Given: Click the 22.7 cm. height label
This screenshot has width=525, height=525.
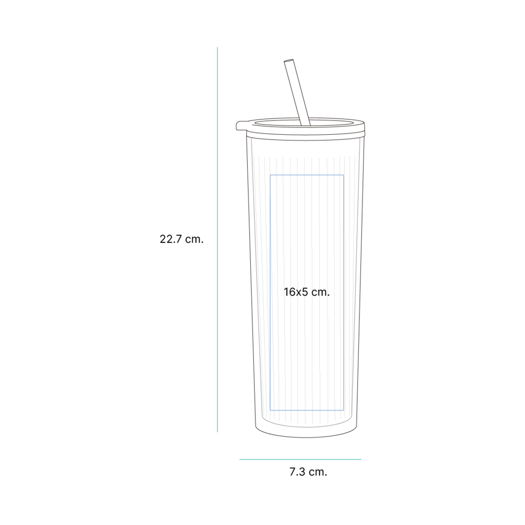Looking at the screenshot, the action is [181, 239].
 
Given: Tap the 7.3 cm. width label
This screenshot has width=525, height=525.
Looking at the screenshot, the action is [308, 472].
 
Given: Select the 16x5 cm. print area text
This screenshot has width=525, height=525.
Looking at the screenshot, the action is [307, 292].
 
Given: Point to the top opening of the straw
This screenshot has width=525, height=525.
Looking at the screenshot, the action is [289, 62].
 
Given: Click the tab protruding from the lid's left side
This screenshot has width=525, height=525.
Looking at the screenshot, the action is [240, 126].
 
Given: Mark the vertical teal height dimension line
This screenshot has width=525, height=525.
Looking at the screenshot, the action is [217, 239].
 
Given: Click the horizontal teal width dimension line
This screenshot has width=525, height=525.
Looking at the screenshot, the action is [300, 459].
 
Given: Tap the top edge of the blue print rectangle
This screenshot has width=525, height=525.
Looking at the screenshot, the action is [307, 175].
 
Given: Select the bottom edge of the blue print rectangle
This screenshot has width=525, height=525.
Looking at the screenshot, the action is [307, 410].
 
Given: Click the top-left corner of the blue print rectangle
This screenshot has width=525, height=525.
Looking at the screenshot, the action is [270, 175].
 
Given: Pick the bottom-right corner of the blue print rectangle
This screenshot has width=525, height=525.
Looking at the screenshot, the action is [344, 410].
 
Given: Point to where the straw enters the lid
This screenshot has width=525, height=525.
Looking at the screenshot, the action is [306, 125].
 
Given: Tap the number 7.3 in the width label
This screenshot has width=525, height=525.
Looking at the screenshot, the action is [297, 472].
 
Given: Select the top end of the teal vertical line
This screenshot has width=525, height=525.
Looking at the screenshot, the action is [217, 47].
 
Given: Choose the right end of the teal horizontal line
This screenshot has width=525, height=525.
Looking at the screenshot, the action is [361, 459].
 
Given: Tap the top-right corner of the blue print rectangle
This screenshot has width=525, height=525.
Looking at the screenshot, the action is [344, 175].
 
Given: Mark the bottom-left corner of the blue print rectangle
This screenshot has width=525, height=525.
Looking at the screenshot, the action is [270, 410].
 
